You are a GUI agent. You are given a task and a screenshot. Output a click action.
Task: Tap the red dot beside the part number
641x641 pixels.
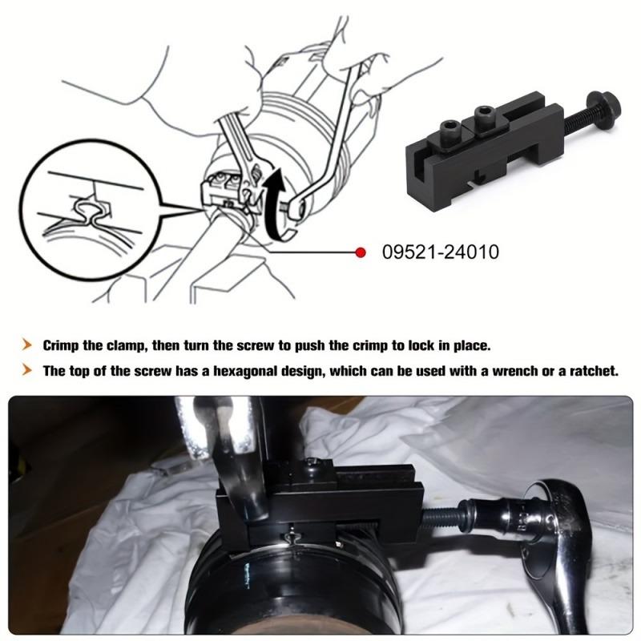pyautogui.click(x=361, y=252)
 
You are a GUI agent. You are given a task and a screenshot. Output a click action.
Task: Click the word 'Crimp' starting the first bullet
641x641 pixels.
pyautogui.click(x=62, y=346)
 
